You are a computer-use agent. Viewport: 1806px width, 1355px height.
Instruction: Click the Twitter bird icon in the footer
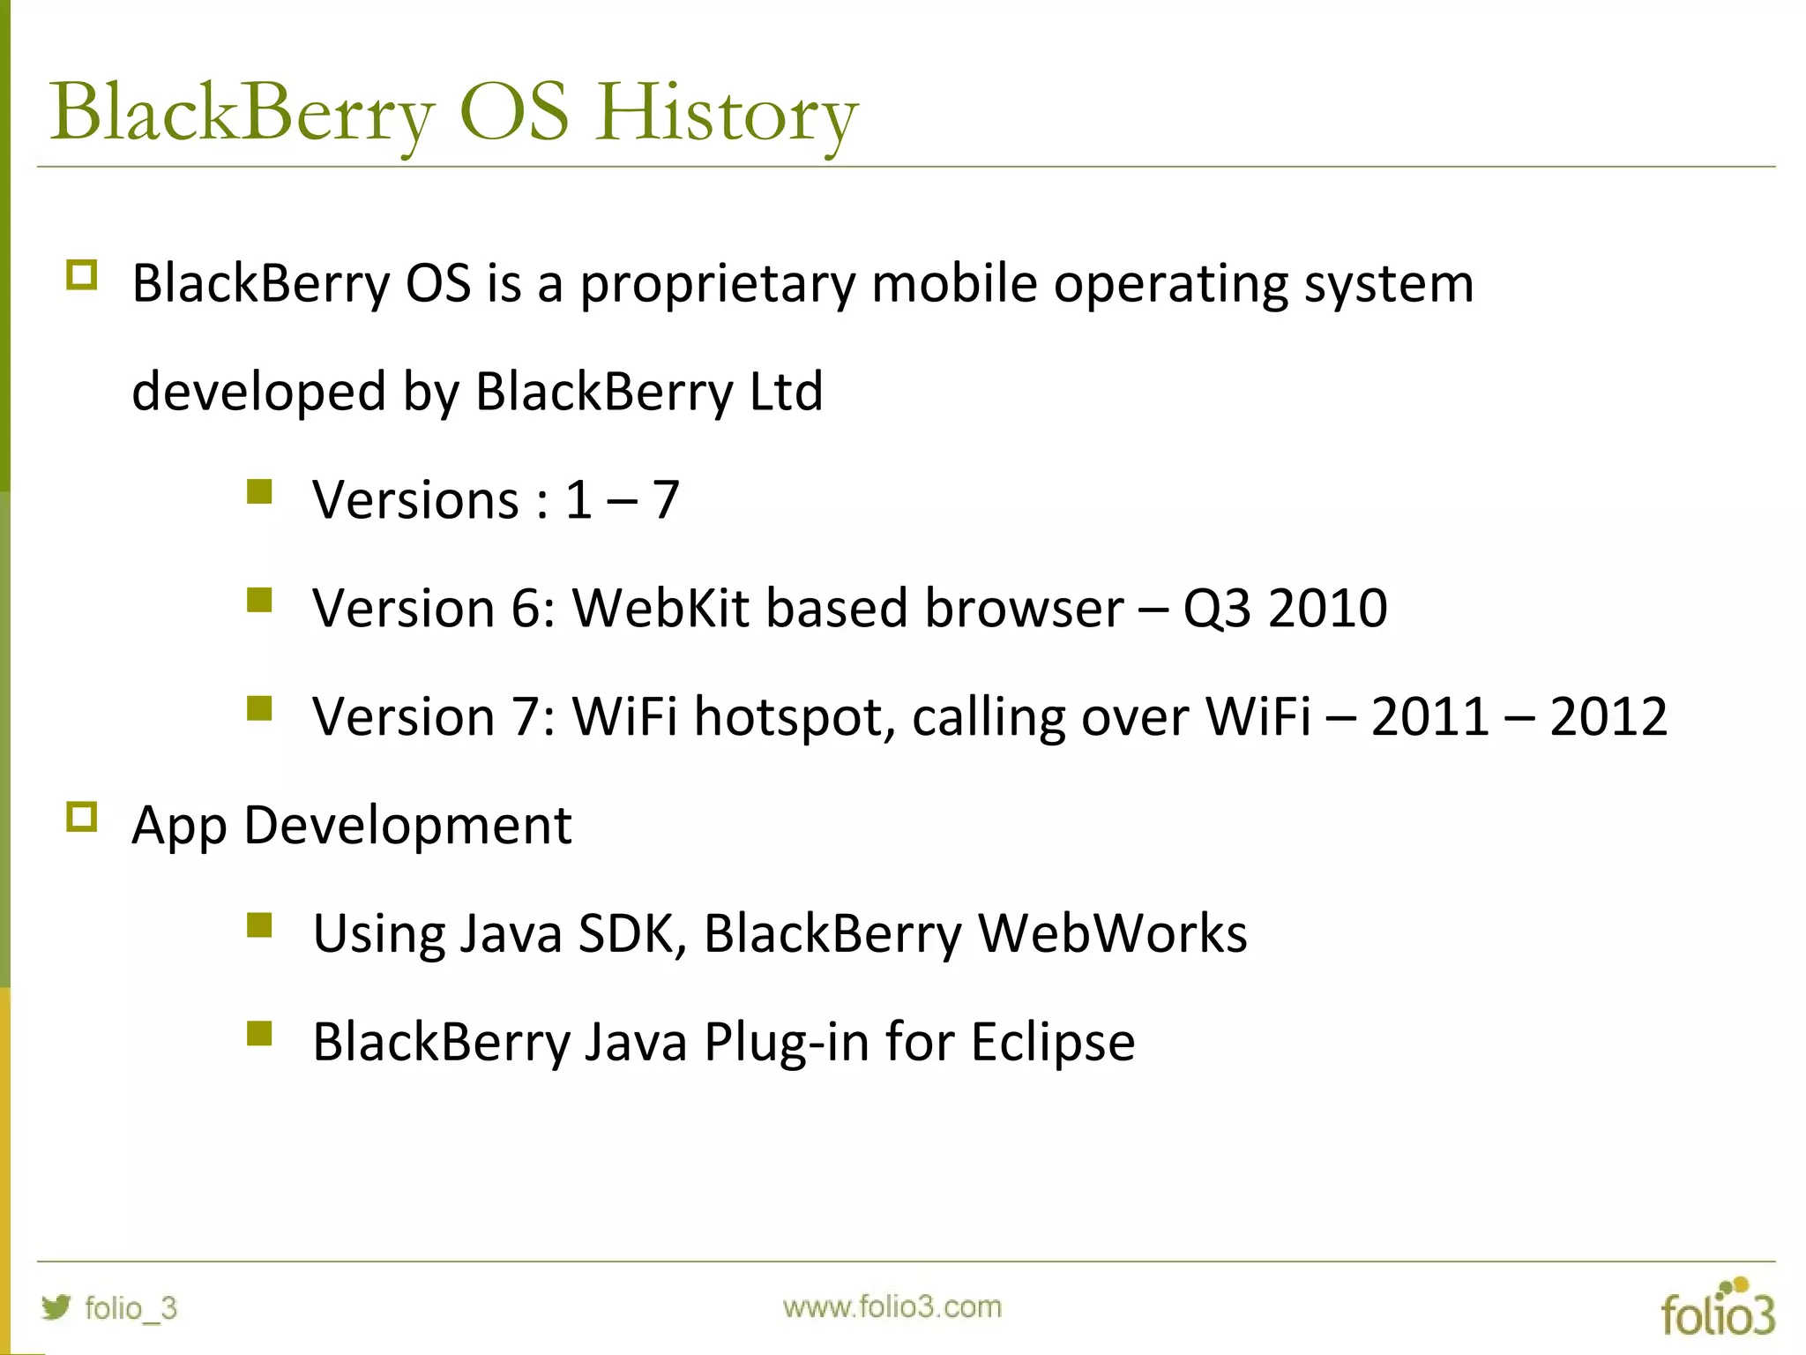(56, 1306)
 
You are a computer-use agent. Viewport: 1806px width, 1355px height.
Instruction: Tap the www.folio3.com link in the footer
(892, 1306)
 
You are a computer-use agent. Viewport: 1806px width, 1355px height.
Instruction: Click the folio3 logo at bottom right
(1717, 1309)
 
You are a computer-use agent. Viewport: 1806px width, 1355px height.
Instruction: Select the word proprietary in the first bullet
(717, 284)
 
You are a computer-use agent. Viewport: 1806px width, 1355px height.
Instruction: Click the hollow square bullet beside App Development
(82, 818)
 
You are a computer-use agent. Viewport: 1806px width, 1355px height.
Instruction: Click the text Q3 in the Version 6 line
(1216, 608)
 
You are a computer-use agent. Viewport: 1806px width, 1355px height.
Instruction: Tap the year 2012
(1608, 716)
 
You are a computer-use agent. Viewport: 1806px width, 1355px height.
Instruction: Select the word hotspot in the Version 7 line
(788, 716)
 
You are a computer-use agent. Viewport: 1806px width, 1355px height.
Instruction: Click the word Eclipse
(1052, 1042)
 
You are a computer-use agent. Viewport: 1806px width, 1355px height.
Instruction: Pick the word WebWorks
(1112, 933)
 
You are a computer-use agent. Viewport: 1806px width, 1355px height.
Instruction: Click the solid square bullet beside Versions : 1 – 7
(259, 492)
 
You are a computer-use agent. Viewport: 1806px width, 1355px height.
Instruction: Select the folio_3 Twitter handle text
(131, 1307)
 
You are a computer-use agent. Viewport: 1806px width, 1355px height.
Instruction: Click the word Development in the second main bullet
(407, 826)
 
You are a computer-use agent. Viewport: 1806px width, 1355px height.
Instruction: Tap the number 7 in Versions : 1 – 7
(666, 500)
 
